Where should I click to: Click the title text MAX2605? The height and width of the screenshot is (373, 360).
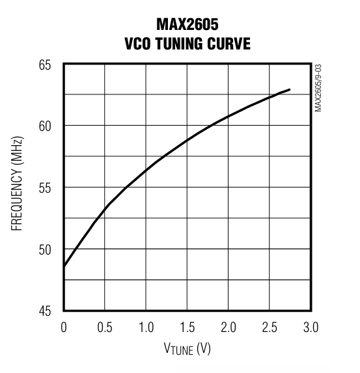click(x=187, y=25)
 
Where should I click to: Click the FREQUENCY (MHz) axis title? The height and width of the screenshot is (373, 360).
click(x=18, y=187)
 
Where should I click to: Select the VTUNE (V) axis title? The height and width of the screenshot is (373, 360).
click(x=187, y=350)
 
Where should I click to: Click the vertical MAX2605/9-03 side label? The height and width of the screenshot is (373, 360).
click(x=319, y=88)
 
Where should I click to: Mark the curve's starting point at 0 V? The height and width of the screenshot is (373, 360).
click(x=64, y=266)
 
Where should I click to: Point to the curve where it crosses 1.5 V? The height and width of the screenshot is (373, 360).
click(x=187, y=140)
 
